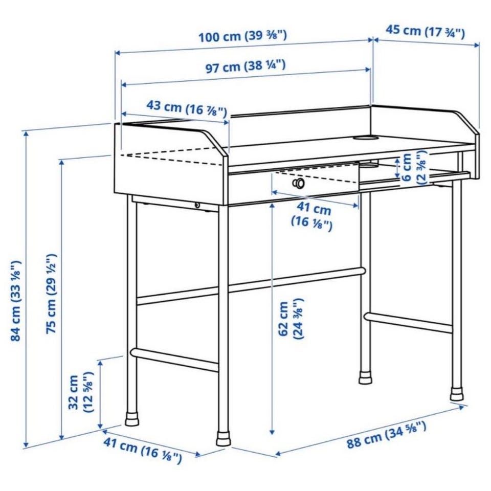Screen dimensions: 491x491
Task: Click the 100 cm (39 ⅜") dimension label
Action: click(243, 36)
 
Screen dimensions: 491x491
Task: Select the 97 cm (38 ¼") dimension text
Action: click(245, 66)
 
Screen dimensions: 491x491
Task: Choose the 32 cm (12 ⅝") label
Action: click(80, 392)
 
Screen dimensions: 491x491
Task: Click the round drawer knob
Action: click(299, 183)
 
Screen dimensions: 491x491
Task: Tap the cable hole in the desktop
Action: click(365, 138)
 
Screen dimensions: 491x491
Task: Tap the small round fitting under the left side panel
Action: click(197, 205)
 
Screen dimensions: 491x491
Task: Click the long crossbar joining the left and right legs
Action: click(251, 285)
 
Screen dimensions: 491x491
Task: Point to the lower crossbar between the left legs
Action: click(174, 359)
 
